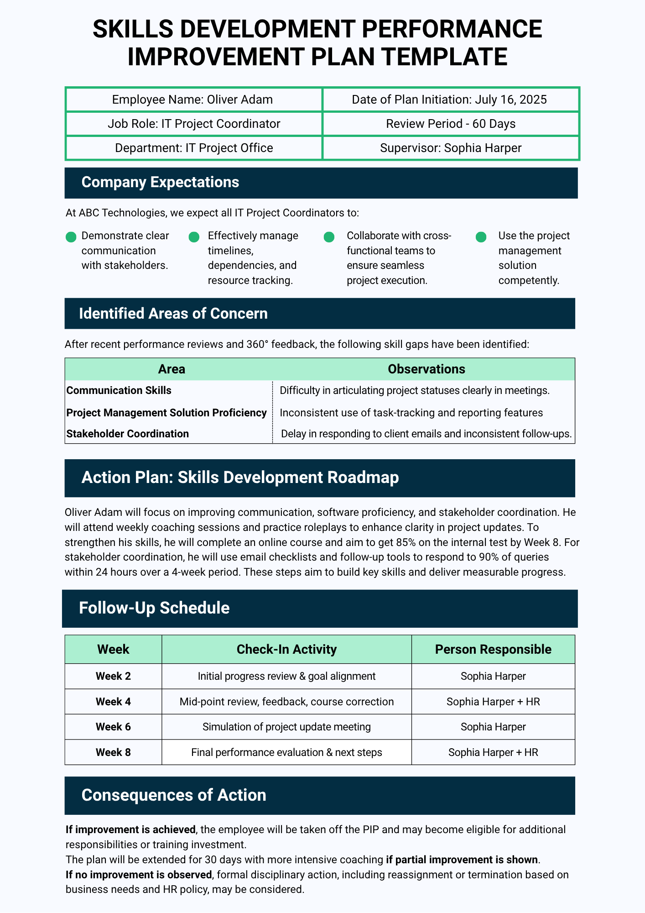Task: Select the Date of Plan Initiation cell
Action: (x=449, y=100)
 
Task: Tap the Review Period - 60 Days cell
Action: (x=451, y=124)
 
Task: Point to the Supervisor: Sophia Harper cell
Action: (x=451, y=148)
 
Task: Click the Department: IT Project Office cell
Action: (x=194, y=148)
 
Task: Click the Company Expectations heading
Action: (x=160, y=182)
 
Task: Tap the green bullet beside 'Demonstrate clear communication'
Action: (x=71, y=237)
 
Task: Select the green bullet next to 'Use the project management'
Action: (x=481, y=237)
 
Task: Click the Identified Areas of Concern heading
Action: (x=173, y=314)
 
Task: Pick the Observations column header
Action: (x=426, y=369)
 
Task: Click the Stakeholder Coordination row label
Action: (x=128, y=434)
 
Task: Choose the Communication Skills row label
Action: (x=119, y=390)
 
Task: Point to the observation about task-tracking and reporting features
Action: (x=411, y=413)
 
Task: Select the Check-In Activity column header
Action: (x=286, y=649)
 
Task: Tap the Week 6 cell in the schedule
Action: (x=113, y=727)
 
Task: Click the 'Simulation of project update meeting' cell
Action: (x=286, y=727)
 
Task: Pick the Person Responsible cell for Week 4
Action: (x=493, y=702)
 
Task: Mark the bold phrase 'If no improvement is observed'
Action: (x=139, y=875)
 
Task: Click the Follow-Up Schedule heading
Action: (x=154, y=608)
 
